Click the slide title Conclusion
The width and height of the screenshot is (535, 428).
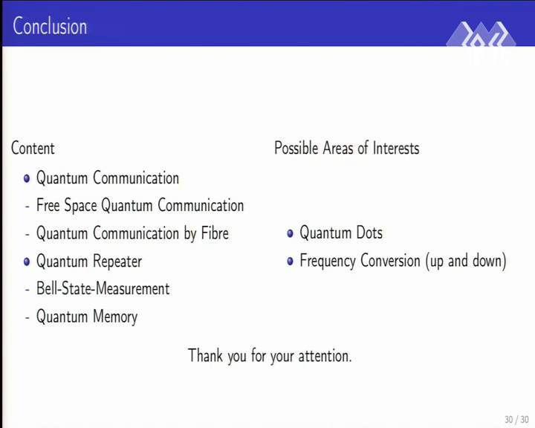point(50,26)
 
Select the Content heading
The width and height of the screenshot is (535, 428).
point(33,148)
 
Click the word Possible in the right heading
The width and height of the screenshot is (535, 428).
point(296,148)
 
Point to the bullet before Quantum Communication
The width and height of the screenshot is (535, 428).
point(27,178)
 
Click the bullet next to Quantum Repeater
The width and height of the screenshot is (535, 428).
point(27,262)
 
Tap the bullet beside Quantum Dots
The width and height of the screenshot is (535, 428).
point(290,233)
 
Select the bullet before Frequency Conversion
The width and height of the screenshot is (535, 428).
point(290,262)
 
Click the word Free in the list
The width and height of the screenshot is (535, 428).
point(48,205)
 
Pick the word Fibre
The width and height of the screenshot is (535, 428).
point(215,233)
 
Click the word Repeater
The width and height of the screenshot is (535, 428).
point(117,262)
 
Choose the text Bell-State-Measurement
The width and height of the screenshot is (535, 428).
point(103,289)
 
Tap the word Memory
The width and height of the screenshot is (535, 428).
point(115,317)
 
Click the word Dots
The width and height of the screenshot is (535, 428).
point(369,233)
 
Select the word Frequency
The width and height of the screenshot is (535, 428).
point(326,262)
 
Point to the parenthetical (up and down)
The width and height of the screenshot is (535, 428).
point(466,262)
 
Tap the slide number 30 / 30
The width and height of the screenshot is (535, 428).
point(516,419)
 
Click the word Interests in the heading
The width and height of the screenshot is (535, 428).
point(396,148)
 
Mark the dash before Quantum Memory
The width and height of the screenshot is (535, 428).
point(27,318)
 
